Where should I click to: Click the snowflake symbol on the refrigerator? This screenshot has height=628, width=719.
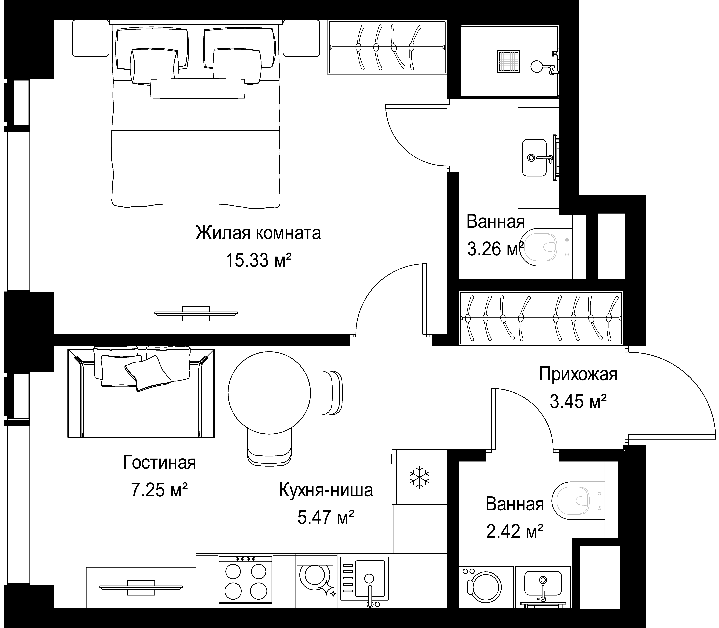coord(419,477)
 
